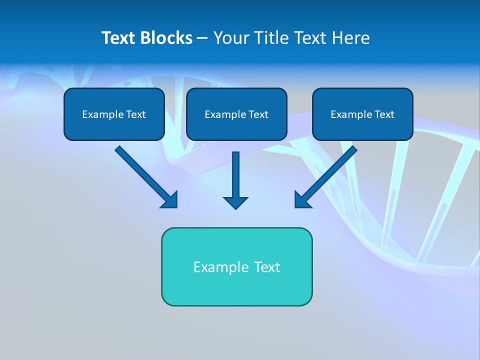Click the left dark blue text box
point(114,114)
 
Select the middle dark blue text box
point(236,114)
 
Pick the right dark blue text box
point(362,114)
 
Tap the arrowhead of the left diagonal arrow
point(170,200)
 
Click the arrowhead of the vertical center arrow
point(235,202)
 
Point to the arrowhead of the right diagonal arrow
point(302,200)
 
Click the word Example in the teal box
point(220,267)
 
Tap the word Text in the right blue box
point(384,114)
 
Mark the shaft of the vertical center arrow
point(235,172)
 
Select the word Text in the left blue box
point(135,114)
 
